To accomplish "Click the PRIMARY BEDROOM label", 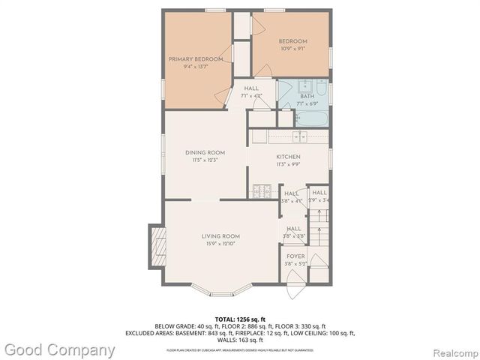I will (x=196, y=58).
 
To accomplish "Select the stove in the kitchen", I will (x=261, y=190).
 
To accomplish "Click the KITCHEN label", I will (x=288, y=157).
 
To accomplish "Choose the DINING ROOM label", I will (x=205, y=152).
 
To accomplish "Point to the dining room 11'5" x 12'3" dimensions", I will (x=205, y=160).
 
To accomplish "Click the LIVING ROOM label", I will (x=220, y=236).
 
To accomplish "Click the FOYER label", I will (x=295, y=256).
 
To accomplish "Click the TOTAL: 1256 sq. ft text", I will (x=240, y=318).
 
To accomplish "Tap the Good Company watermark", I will (x=59, y=350).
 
